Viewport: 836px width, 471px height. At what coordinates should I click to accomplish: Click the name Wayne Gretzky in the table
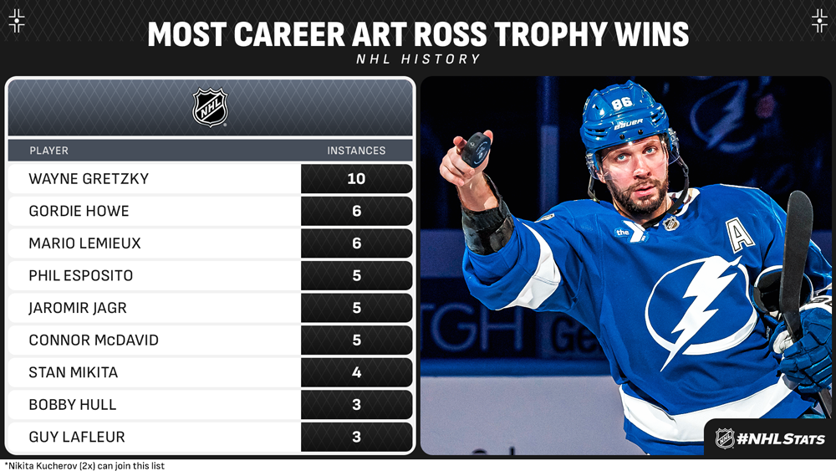click(89, 179)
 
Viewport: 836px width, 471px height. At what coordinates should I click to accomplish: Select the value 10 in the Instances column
click(356, 179)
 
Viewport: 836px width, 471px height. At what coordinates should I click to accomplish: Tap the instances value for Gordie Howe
click(357, 211)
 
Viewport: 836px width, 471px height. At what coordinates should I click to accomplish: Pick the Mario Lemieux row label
click(84, 243)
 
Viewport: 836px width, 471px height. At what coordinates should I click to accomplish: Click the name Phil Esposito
click(80, 275)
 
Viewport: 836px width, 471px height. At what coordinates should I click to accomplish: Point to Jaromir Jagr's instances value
click(357, 308)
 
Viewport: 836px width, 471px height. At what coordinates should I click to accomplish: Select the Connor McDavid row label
click(94, 340)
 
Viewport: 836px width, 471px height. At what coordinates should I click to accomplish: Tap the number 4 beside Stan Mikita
click(357, 372)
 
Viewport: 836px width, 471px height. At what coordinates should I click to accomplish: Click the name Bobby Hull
click(73, 404)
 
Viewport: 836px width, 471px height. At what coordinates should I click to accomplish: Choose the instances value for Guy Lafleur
click(357, 437)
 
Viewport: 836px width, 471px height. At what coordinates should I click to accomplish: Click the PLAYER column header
click(49, 151)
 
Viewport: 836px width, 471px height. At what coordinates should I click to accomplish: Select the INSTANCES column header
click(356, 151)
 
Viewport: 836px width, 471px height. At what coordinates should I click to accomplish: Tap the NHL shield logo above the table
click(210, 107)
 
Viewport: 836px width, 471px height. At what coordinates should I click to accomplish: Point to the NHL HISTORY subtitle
click(419, 59)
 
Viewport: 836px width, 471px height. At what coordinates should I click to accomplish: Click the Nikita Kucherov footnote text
click(85, 466)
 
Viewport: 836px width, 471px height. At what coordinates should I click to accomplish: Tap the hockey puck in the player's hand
click(476, 150)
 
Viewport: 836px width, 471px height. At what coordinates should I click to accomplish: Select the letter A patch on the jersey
click(740, 235)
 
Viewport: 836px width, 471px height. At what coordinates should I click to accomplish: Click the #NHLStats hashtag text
click(781, 439)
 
